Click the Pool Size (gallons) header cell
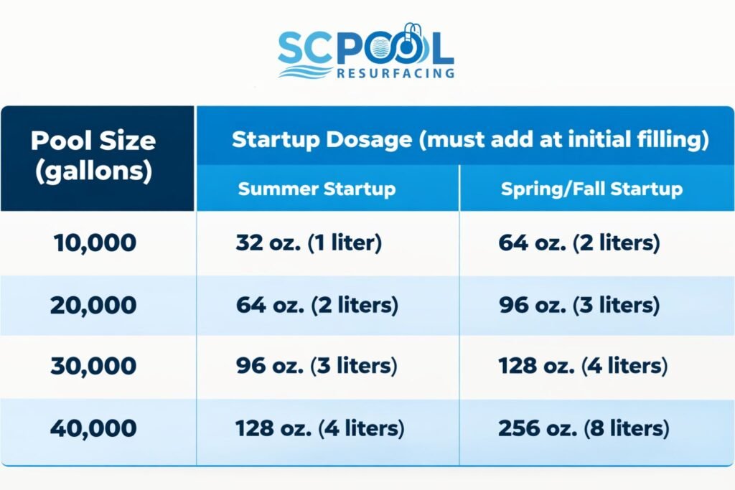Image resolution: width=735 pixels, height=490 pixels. click(93, 157)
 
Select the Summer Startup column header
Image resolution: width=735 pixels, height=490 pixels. click(317, 189)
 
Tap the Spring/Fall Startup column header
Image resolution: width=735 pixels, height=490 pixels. click(591, 189)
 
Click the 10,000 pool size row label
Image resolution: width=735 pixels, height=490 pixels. click(93, 242)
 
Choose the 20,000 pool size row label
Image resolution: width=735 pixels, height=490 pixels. click(93, 305)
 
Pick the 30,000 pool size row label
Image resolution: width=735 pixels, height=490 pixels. click(93, 367)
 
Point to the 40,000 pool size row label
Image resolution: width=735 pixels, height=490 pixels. click(93, 428)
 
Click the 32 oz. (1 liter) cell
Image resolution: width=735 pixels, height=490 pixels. click(308, 242)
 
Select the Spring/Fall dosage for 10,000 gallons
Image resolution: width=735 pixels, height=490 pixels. click(579, 242)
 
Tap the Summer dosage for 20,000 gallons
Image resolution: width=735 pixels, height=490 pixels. click(317, 305)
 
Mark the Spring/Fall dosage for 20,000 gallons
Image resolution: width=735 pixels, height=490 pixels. click(579, 305)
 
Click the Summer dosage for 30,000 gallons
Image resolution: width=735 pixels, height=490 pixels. click(317, 367)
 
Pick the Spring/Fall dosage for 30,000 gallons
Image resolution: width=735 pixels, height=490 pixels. click(583, 367)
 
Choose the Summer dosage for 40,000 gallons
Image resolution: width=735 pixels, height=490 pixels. click(320, 429)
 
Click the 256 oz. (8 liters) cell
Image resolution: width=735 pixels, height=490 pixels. click(584, 429)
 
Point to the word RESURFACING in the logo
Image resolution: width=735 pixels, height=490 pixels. click(395, 72)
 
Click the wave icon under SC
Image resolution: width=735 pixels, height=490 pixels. click(304, 72)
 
